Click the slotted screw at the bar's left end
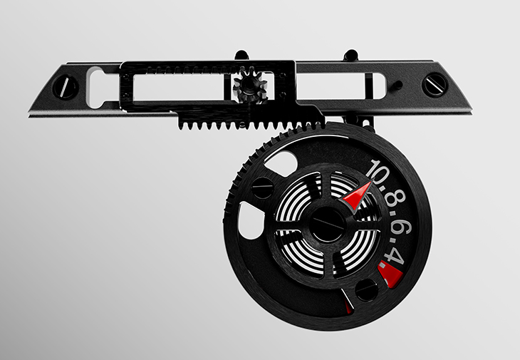click(x=65, y=87)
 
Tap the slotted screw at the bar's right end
click(x=435, y=85)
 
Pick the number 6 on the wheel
click(x=402, y=227)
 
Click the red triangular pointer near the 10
click(x=356, y=197)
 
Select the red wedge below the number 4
click(x=390, y=274)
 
